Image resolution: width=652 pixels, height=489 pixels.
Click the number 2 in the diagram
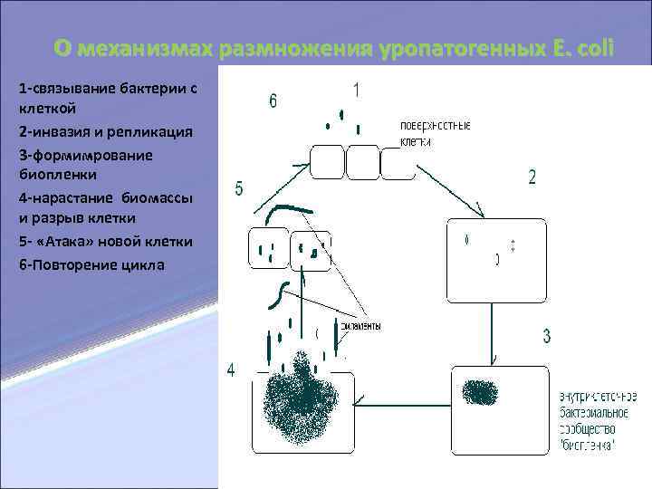(532, 177)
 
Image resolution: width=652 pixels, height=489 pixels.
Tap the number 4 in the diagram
(231, 370)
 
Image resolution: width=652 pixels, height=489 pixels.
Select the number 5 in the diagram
(239, 188)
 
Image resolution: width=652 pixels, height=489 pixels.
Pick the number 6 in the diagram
(273, 101)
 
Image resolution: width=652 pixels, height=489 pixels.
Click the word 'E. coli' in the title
(581, 46)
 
